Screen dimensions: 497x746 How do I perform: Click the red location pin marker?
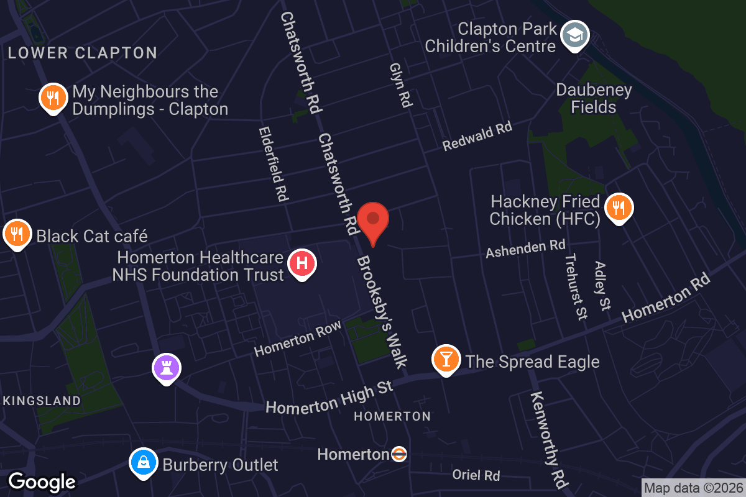click(373, 221)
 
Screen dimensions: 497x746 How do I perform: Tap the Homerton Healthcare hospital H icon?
click(302, 263)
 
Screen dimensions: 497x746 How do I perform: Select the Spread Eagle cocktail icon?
click(446, 358)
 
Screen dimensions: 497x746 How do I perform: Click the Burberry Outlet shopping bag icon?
click(143, 463)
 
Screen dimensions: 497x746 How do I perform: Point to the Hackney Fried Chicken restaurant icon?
click(618, 207)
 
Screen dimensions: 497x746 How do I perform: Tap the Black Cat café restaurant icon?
click(17, 234)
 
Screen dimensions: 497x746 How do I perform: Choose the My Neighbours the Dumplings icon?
click(53, 98)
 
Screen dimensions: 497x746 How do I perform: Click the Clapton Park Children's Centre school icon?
click(575, 35)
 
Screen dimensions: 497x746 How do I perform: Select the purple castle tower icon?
click(166, 367)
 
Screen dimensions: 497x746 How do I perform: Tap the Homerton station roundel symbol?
click(399, 454)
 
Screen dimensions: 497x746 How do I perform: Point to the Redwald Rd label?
click(477, 137)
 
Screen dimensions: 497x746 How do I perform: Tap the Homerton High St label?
click(329, 398)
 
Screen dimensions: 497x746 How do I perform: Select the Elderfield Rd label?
click(274, 164)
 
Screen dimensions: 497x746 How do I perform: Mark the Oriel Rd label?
click(476, 475)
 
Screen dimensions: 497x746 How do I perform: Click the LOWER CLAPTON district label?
click(83, 53)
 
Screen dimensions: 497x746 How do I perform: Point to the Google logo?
click(42, 481)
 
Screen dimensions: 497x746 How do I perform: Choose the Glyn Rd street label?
click(401, 84)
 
